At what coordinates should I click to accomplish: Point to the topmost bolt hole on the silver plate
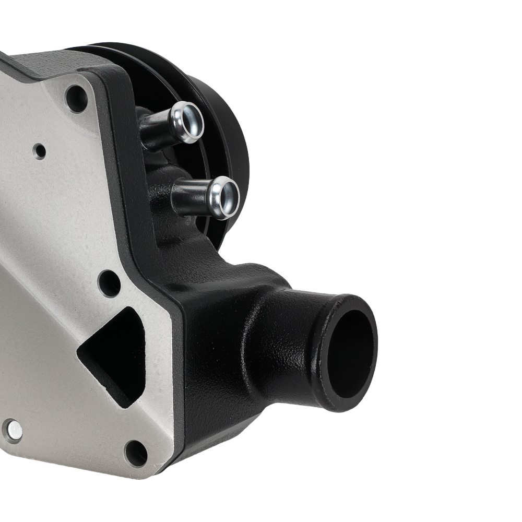point(77,98)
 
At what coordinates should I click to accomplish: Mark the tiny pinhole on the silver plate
point(39,151)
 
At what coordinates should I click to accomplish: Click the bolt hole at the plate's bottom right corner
point(136,453)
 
